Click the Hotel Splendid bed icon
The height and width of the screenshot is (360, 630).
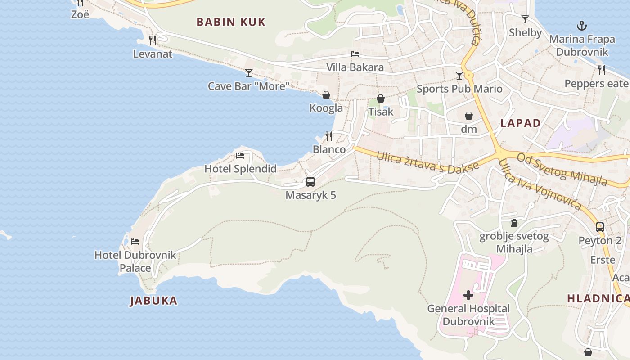(x=240, y=156)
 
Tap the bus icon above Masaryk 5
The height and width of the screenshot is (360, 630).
(x=310, y=182)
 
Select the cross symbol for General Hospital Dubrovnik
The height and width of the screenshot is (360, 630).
(x=468, y=295)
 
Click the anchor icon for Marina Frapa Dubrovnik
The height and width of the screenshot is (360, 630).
(x=582, y=26)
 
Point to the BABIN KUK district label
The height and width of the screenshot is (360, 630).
(x=231, y=22)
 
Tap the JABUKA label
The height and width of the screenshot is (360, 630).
(x=153, y=301)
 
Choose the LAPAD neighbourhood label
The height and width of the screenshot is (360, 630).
(x=521, y=123)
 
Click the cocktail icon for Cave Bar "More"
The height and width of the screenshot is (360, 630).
(x=249, y=73)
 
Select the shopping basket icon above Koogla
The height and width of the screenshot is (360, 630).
(x=326, y=95)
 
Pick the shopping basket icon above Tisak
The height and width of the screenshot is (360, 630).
(x=381, y=99)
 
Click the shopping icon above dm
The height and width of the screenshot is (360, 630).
(x=469, y=116)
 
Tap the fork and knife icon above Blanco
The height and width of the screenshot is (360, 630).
(x=329, y=136)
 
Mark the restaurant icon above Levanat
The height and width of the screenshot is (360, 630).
(x=153, y=40)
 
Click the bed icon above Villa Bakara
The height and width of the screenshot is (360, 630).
(x=355, y=54)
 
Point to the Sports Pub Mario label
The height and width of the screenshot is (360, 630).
(x=459, y=89)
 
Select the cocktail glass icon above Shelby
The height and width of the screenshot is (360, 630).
(x=525, y=19)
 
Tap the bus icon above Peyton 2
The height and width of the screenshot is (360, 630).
(x=600, y=227)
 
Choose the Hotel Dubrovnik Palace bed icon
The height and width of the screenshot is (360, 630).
(x=135, y=242)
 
